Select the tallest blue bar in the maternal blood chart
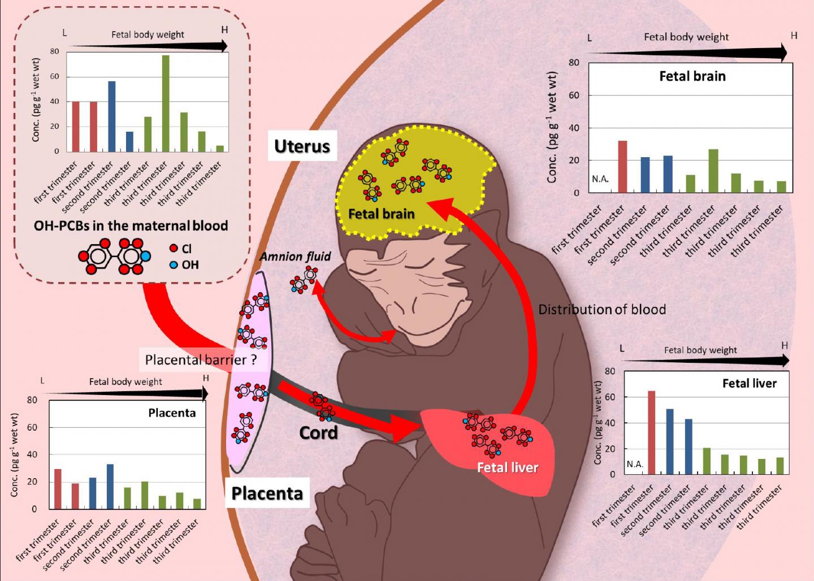112,116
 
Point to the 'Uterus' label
302,146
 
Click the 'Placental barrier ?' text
201,360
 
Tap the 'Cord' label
318,433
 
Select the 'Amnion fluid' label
295,257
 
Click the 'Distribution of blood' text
602,310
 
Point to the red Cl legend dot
174,249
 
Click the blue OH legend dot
174,265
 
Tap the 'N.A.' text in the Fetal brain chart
600,179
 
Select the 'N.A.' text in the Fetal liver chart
635,464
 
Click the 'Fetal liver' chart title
750,384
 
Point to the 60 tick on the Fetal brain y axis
574,96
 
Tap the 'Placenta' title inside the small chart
172,413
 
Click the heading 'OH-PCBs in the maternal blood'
131,226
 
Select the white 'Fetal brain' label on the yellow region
382,214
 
